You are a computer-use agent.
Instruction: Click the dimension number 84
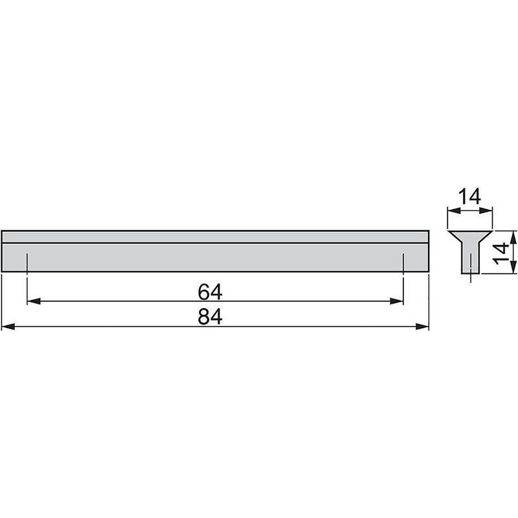point(210,317)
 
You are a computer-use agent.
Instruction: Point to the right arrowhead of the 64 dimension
point(399,301)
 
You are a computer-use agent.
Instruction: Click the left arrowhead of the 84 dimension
point(8,326)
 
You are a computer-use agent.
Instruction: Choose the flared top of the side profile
point(470,234)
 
